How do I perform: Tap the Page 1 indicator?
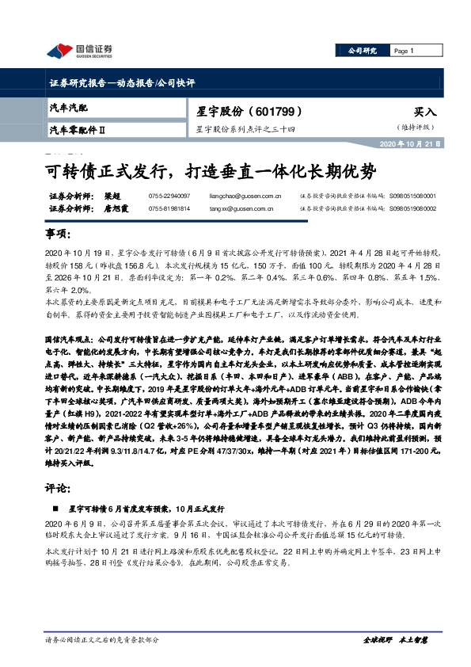coord(405,51)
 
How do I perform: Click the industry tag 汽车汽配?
coord(69,106)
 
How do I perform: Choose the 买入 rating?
coord(424,112)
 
